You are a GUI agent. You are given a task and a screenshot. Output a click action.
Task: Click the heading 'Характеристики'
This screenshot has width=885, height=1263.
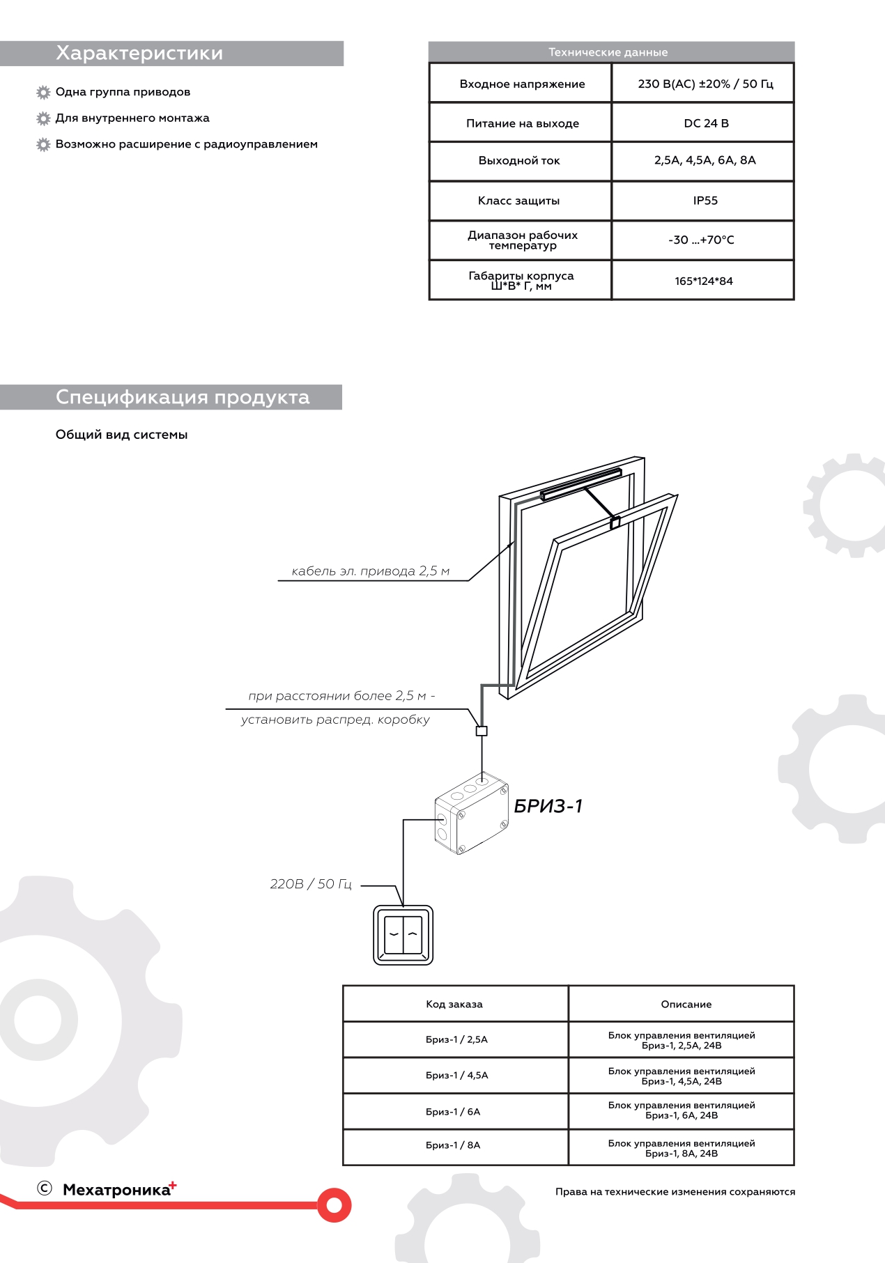click(139, 54)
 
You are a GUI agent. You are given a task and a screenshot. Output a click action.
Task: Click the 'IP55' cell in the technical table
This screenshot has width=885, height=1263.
click(705, 201)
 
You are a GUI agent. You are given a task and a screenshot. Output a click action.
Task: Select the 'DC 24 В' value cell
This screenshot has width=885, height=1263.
click(705, 123)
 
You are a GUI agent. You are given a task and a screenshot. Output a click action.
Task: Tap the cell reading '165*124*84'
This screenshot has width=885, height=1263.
click(703, 281)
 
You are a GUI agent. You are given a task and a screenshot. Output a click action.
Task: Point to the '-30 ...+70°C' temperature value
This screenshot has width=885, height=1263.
click(700, 240)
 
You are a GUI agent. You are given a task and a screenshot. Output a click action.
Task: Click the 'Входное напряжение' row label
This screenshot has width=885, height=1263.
click(522, 84)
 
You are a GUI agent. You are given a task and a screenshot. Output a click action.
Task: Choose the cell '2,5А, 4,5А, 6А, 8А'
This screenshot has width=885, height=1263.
click(705, 160)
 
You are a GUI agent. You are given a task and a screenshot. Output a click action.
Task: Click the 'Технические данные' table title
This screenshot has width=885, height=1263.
click(608, 52)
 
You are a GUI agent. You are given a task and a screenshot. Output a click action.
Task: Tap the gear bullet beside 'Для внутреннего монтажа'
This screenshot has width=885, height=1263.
click(43, 118)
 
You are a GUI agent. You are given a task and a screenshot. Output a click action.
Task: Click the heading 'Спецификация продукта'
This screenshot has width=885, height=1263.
click(183, 397)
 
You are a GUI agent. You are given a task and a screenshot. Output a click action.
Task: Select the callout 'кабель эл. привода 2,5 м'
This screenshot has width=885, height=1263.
click(370, 571)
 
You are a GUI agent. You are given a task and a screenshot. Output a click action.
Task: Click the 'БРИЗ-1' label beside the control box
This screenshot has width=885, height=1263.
click(548, 806)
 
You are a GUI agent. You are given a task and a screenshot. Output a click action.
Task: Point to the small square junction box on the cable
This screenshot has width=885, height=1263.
click(482, 731)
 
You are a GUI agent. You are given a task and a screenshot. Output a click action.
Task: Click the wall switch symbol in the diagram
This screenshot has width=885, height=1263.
click(403, 935)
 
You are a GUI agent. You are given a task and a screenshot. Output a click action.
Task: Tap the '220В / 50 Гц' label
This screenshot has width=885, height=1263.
click(311, 884)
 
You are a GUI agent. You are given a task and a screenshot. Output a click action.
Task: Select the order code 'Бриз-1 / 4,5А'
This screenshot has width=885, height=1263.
click(456, 1075)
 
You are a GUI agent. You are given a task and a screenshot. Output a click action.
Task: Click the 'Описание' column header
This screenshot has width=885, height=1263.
click(686, 1004)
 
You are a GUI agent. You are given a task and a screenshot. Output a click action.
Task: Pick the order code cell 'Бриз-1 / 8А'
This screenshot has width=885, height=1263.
click(453, 1145)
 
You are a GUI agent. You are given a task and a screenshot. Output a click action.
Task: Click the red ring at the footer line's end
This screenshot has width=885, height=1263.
click(334, 1204)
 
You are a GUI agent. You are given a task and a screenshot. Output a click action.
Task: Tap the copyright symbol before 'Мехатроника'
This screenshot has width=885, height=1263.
click(45, 1188)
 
